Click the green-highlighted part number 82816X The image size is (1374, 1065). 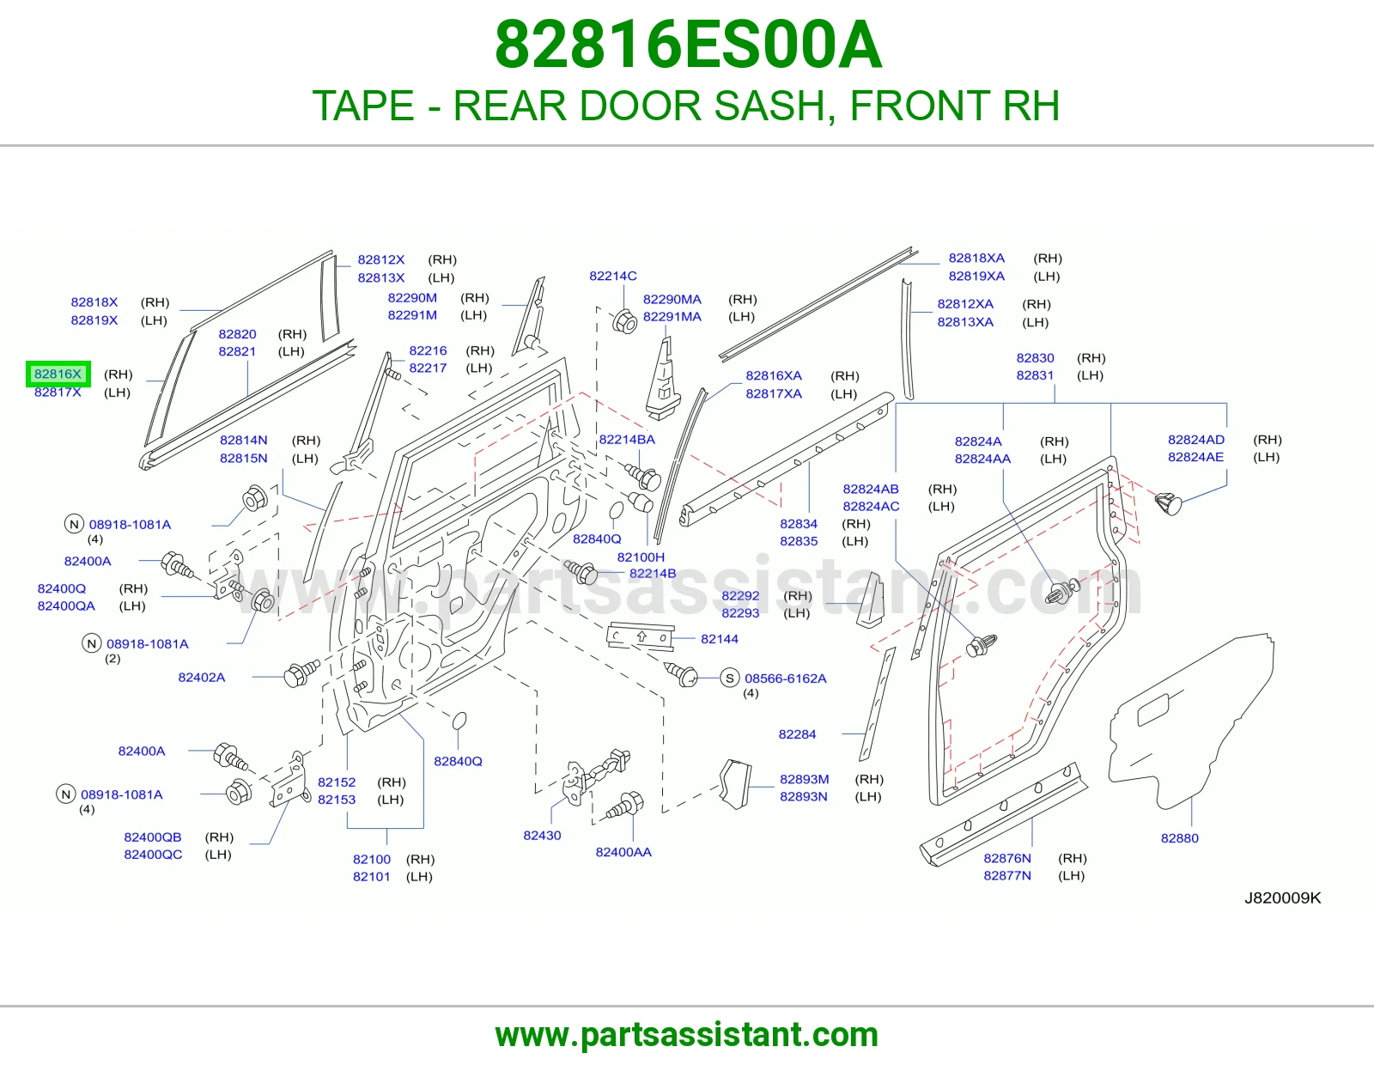[58, 374]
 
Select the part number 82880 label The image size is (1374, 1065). [1179, 838]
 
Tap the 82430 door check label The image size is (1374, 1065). [542, 836]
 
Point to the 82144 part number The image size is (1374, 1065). [720, 639]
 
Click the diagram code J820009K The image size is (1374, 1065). [1283, 898]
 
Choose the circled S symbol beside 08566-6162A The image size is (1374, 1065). [730, 678]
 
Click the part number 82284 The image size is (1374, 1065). [797, 734]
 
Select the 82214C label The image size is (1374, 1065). [612, 276]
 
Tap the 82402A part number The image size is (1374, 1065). [202, 678]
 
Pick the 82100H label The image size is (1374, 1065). [641, 557]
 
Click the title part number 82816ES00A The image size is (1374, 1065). [688, 45]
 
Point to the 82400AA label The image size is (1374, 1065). [623, 852]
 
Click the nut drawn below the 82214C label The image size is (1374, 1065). [624, 321]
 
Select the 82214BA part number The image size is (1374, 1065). [627, 440]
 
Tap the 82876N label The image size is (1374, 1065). [1007, 858]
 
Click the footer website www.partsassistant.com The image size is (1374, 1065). [687, 1035]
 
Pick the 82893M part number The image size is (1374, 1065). [805, 779]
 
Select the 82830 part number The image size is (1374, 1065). [1035, 358]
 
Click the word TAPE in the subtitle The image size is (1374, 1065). [363, 106]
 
